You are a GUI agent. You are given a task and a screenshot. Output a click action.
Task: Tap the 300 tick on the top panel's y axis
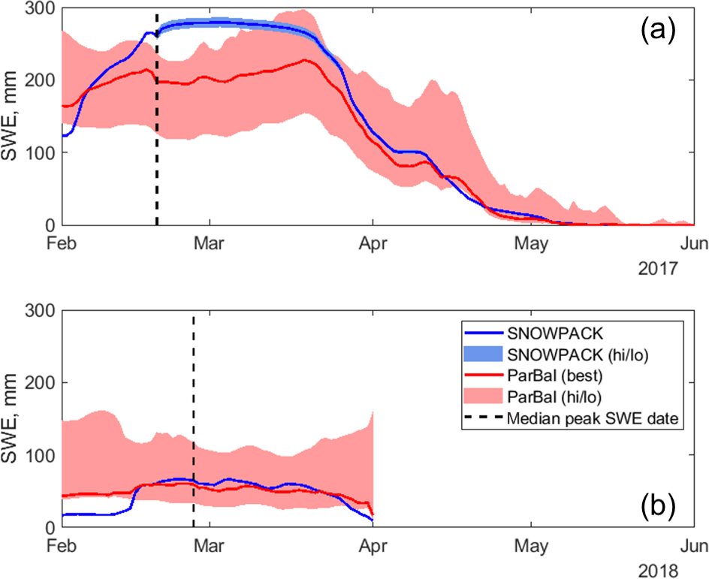[x=38, y=8]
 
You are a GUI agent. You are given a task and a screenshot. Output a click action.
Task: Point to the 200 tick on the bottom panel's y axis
[x=38, y=382]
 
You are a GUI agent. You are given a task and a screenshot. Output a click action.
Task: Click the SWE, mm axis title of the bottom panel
[x=14, y=418]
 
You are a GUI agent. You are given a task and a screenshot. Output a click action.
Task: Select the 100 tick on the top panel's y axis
[x=38, y=152]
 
